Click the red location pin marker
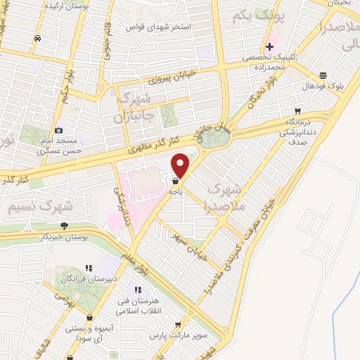tap(181, 165)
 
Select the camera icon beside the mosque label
tap(58, 130)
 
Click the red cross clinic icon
tap(269, 46)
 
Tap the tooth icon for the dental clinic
tap(297, 111)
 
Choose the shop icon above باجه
tap(174, 180)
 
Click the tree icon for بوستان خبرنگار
tap(64, 226)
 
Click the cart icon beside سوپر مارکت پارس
tap(179, 325)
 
